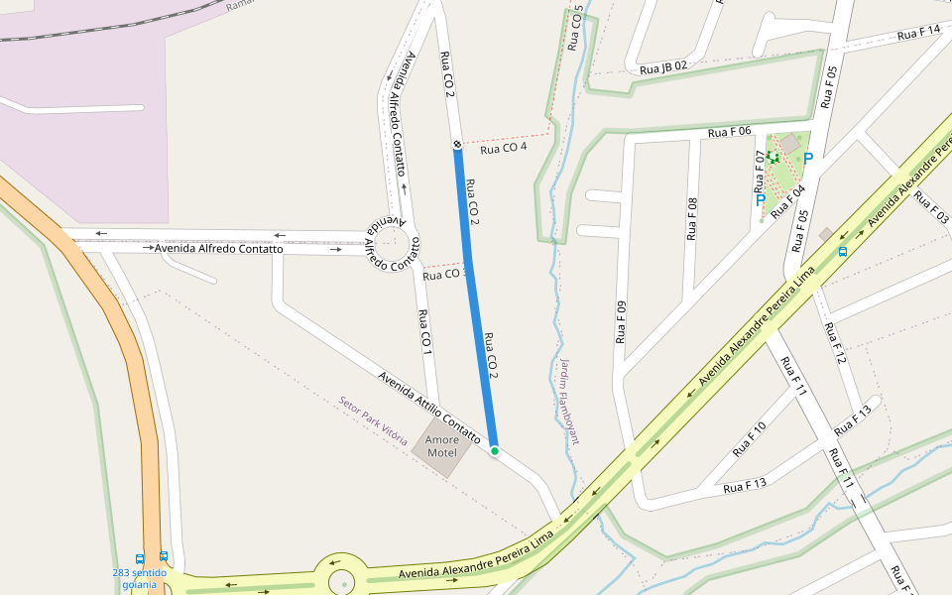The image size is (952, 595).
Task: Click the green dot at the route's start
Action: click(x=494, y=451)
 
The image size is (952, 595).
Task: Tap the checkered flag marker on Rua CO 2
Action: click(x=457, y=146)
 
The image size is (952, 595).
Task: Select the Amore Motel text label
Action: click(x=442, y=446)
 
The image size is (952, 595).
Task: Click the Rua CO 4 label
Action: click(x=503, y=149)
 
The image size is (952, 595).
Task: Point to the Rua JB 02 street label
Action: click(x=662, y=66)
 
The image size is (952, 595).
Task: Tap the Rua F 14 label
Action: click(x=917, y=33)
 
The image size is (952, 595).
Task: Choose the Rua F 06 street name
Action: click(x=729, y=132)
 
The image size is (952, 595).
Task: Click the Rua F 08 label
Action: click(x=692, y=219)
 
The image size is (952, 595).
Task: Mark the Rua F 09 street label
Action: click(x=622, y=321)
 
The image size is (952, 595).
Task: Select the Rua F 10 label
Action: click(x=749, y=438)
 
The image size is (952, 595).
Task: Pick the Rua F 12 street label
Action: click(x=836, y=343)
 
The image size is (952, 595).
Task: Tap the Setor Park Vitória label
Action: click(x=373, y=419)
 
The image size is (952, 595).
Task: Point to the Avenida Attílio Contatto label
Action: click(x=428, y=408)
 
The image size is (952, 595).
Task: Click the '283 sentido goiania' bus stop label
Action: click(x=139, y=579)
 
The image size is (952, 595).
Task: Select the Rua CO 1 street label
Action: click(x=424, y=332)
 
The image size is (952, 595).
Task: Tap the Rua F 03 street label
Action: click(x=931, y=206)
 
